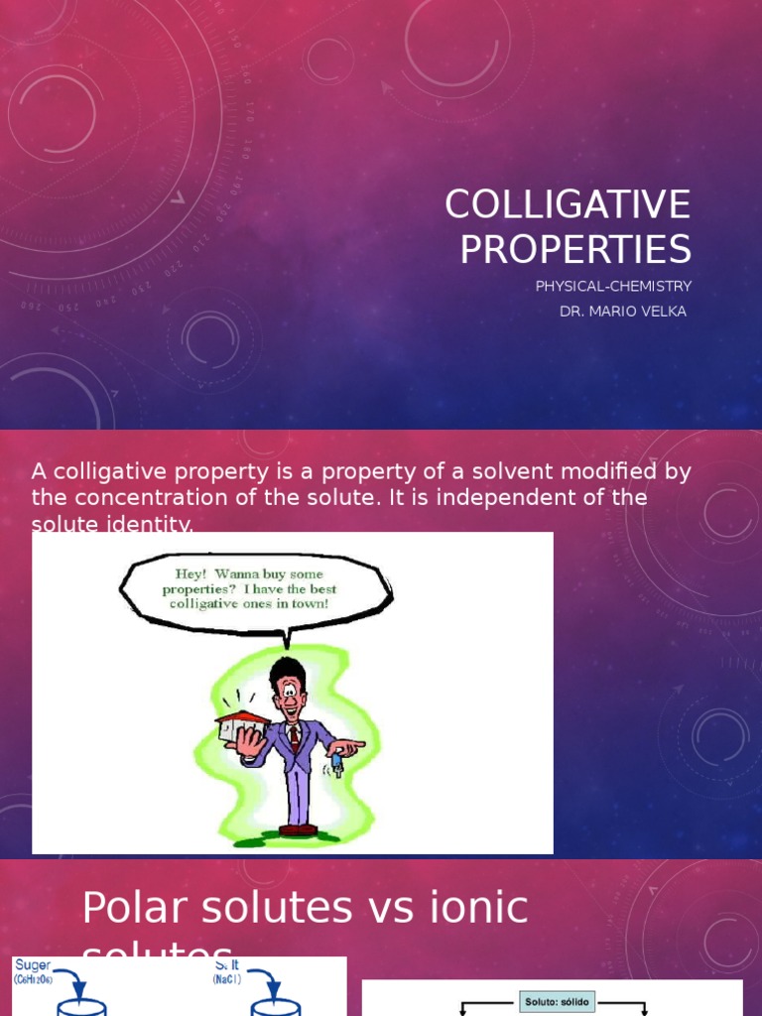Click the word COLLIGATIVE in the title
click(x=567, y=204)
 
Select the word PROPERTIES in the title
click(x=574, y=249)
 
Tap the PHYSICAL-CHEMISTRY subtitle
click(x=613, y=287)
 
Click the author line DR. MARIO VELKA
click(x=622, y=312)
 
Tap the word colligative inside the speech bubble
click(x=206, y=603)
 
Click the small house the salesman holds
click(x=242, y=726)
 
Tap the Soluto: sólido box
click(x=556, y=1002)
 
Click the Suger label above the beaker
click(x=33, y=964)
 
